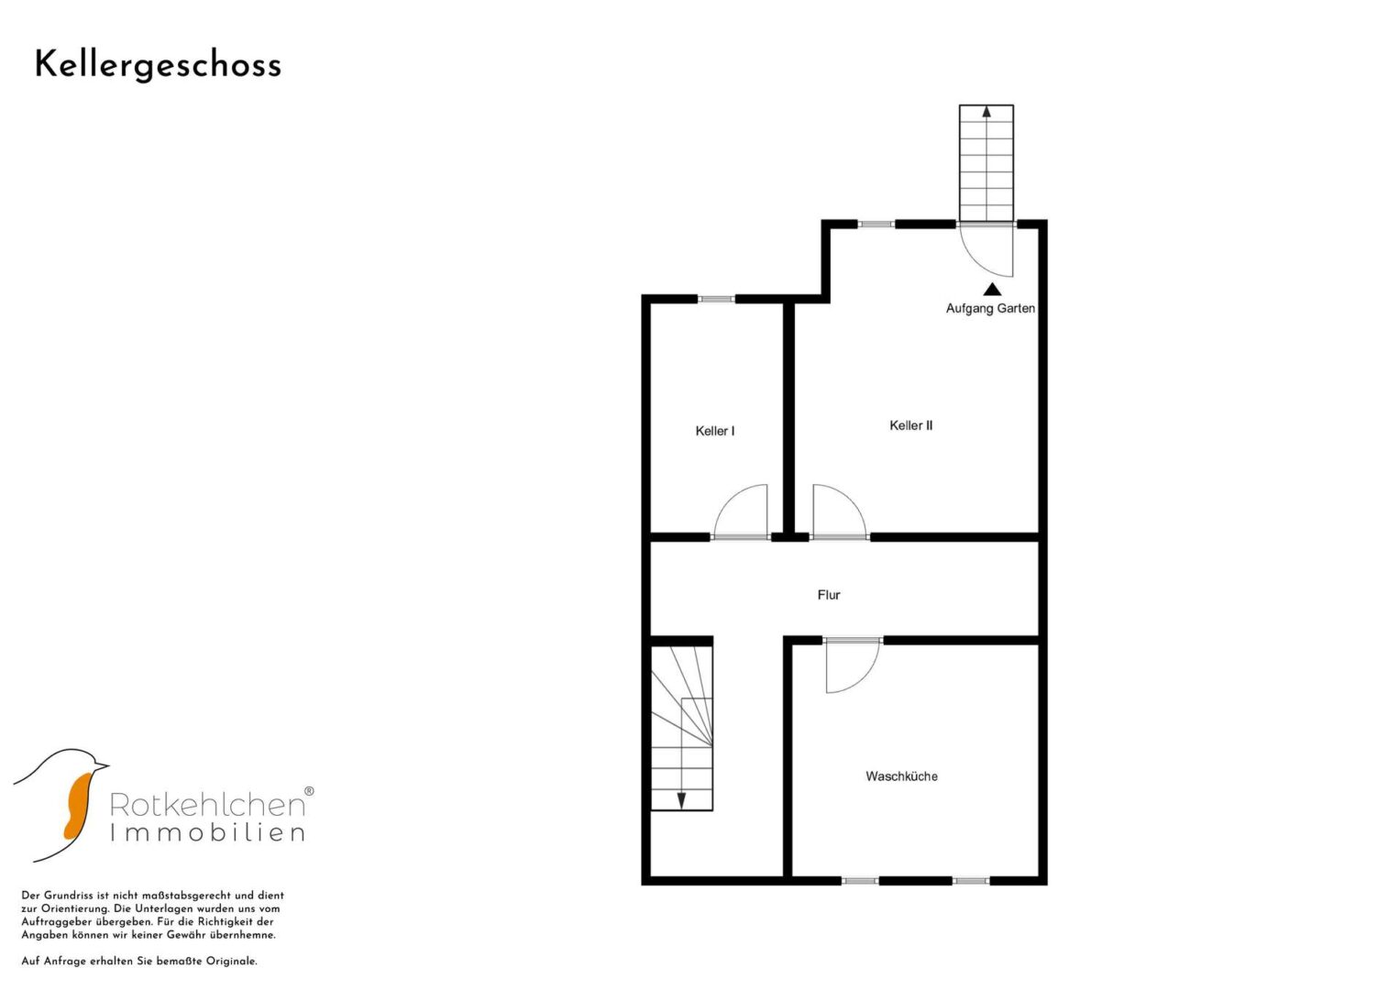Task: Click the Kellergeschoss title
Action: point(158,66)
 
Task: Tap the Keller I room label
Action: point(715,431)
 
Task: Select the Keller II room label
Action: point(910,425)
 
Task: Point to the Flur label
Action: point(829,595)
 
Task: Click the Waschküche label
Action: point(901,776)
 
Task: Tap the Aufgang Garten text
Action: point(990,308)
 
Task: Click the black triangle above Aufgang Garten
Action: point(992,290)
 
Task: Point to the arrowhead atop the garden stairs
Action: point(987,112)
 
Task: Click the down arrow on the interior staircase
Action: point(681,801)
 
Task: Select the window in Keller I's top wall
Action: point(716,299)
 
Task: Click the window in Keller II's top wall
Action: point(876,224)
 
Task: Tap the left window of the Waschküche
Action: point(859,881)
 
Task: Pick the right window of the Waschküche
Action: point(971,881)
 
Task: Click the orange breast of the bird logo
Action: point(78,807)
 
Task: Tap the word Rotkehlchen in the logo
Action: point(207,805)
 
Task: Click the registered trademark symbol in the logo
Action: point(309,791)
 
